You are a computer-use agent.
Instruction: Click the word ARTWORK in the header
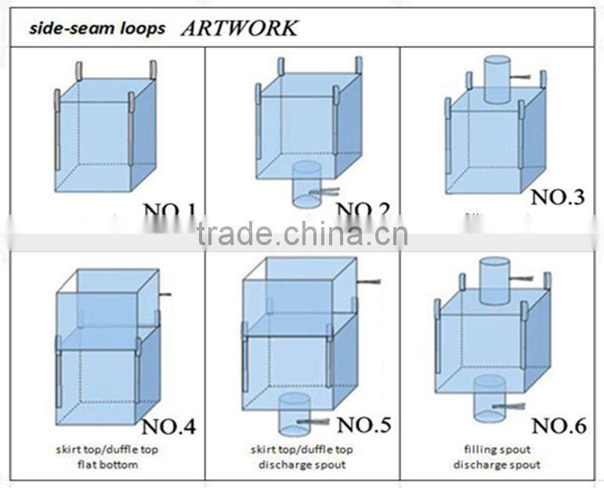click(239, 28)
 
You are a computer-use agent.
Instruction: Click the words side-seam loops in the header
click(98, 29)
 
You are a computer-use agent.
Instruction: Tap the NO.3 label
click(557, 197)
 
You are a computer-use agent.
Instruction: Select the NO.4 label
click(168, 427)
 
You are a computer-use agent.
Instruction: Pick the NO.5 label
click(363, 425)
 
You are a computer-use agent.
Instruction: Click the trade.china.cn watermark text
click(302, 233)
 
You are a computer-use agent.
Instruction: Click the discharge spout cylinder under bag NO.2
click(306, 185)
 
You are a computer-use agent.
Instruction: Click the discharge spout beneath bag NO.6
click(489, 398)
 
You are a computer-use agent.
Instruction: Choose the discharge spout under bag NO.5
click(295, 414)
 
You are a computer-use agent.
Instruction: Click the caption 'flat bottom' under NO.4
click(107, 464)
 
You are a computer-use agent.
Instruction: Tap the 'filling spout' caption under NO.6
click(497, 450)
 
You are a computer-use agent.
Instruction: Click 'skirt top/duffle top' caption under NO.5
click(302, 450)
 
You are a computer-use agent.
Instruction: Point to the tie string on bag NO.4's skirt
click(165, 295)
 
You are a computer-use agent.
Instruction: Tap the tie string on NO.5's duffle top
click(368, 280)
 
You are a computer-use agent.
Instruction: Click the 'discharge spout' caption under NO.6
click(497, 464)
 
